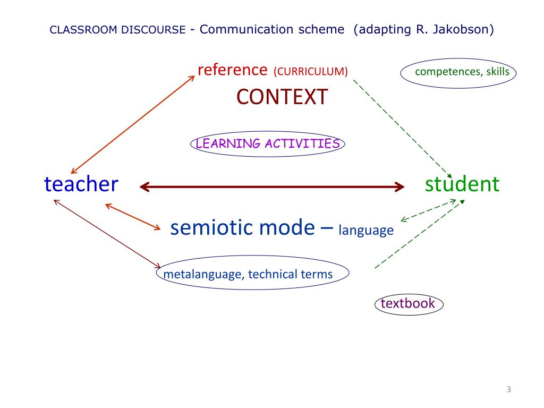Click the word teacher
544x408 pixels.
click(x=81, y=184)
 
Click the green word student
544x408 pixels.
click(x=462, y=184)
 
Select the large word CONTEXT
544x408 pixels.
click(x=282, y=97)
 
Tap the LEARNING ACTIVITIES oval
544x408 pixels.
click(x=267, y=143)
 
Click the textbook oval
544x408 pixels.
click(x=408, y=304)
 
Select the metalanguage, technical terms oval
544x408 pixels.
click(x=253, y=274)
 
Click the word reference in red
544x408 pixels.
click(x=232, y=70)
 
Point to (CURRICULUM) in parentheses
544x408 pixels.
click(x=311, y=71)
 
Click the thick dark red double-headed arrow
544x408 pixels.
click(x=271, y=186)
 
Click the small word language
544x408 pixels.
click(x=366, y=230)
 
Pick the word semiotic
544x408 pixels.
click(x=212, y=227)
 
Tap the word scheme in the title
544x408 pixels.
click(x=324, y=29)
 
